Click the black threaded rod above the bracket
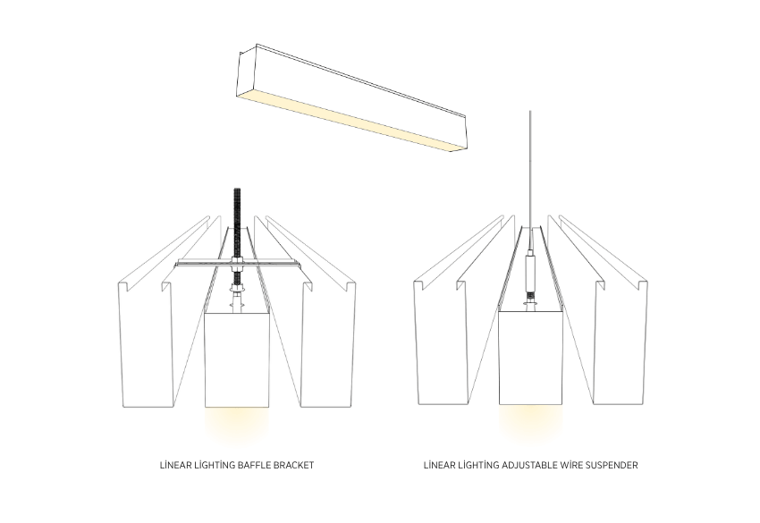pos(238,219)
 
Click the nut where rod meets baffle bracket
pos(238,265)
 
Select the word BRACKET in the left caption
pos(294,465)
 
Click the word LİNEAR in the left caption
pos(173,465)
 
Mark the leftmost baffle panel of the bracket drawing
pos(144,349)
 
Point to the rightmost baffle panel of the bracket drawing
pos(329,349)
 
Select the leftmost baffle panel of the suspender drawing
pos(438,349)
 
